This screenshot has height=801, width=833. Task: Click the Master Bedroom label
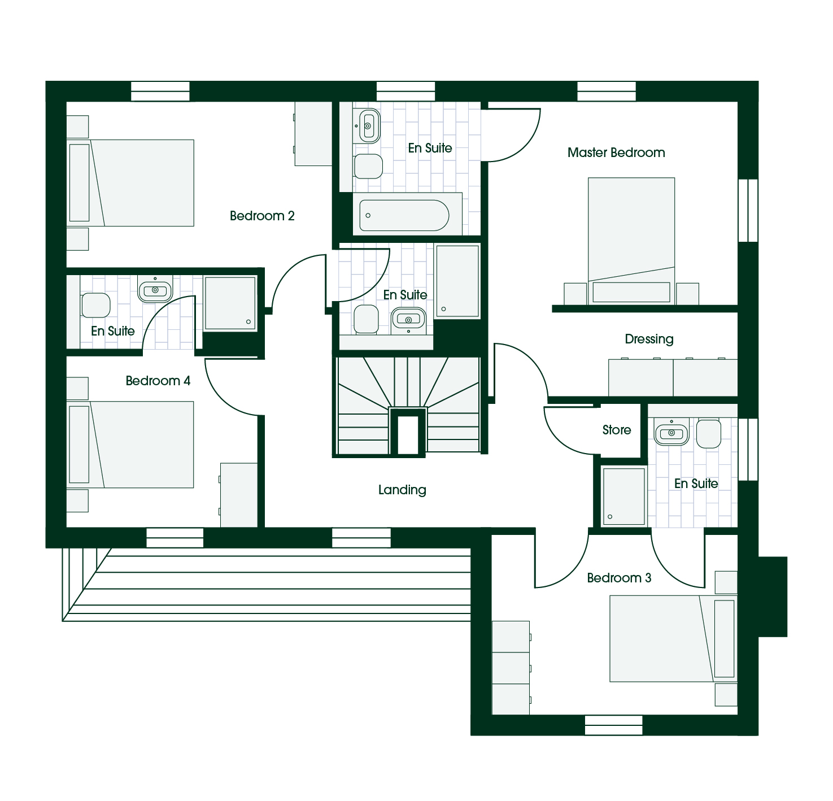point(616,153)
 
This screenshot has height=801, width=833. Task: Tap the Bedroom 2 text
point(262,216)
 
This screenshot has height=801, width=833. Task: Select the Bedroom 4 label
point(158,381)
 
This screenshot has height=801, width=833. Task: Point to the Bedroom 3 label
point(619,578)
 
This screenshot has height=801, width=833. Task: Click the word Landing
point(402,490)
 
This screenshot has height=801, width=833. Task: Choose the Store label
point(616,430)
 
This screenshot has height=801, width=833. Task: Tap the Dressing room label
point(649,339)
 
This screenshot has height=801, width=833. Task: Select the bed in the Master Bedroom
point(631,241)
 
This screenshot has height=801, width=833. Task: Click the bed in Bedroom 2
point(130,183)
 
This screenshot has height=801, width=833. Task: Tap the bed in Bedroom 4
point(130,445)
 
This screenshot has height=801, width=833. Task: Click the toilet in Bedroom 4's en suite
point(95,305)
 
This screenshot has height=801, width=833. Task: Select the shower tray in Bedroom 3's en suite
point(623,496)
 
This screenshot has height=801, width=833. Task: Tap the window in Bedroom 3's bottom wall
point(613,725)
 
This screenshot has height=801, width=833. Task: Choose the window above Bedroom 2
point(160,91)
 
